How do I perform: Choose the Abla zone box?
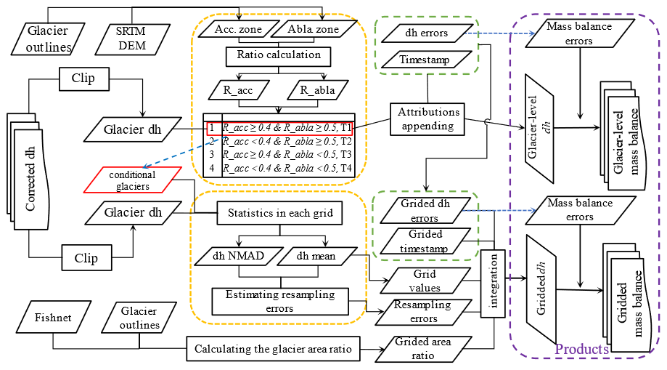click(313, 29)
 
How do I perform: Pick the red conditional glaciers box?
click(132, 180)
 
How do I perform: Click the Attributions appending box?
click(428, 119)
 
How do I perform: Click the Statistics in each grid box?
click(279, 213)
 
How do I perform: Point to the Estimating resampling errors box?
click(279, 301)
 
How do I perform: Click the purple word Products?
click(581, 350)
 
